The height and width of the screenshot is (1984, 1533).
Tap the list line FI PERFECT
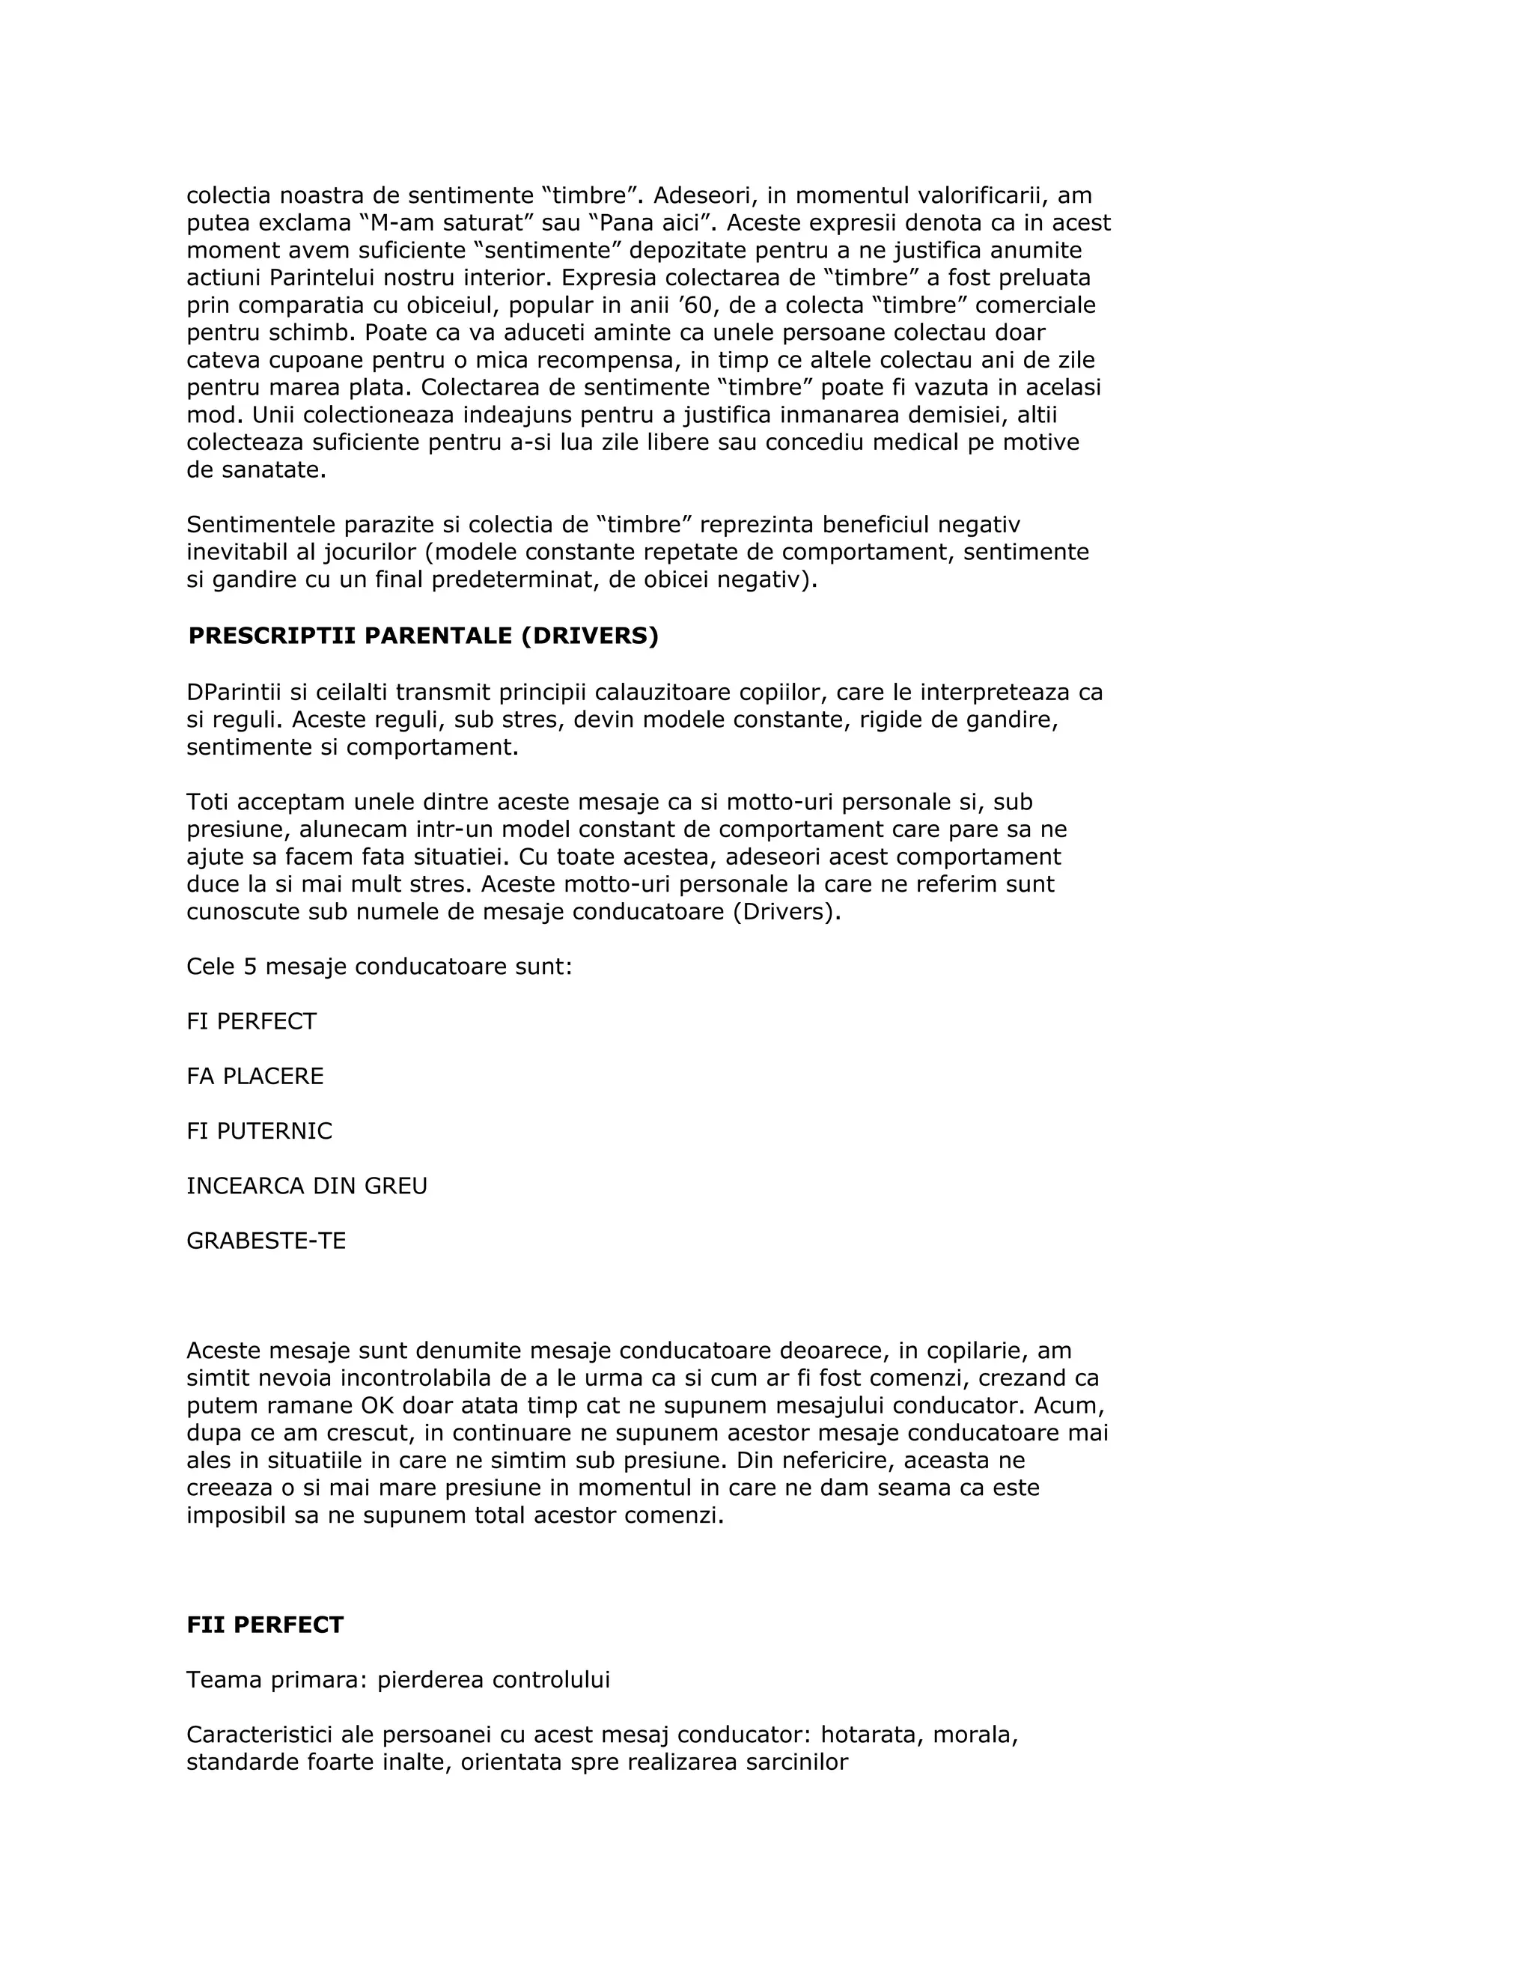252,1022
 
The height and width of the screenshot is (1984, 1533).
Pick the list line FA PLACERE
255,1077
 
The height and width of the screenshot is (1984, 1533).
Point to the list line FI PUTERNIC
260,1131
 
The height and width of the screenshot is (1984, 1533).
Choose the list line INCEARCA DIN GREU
307,1187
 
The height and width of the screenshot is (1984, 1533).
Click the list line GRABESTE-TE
266,1241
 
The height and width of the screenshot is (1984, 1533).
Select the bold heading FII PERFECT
265,1625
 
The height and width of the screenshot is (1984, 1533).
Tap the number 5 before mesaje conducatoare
251,967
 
